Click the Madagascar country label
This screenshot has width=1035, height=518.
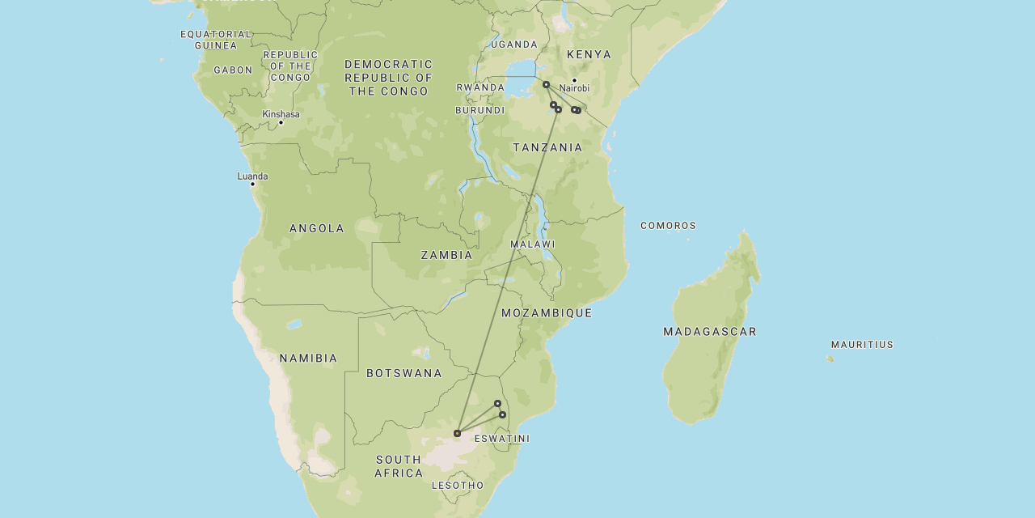[x=710, y=332]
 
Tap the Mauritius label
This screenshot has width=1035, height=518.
[x=862, y=345]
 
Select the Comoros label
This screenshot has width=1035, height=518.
[x=668, y=226]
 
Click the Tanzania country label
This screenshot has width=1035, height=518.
[x=547, y=147]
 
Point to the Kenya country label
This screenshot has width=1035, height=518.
[x=589, y=54]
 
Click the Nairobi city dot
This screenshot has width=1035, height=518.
[x=574, y=80]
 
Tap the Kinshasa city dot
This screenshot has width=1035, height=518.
[x=281, y=122]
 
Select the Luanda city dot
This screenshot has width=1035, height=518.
[x=252, y=184]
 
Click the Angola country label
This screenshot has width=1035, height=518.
[x=317, y=229]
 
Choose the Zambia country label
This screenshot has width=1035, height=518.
[x=446, y=255]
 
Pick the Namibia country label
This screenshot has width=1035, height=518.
[x=308, y=359]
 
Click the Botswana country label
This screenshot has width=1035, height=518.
[x=404, y=373]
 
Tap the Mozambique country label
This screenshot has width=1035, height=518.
[x=547, y=313]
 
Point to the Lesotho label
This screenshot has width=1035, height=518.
[x=458, y=486]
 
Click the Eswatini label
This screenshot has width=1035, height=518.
[x=502, y=439]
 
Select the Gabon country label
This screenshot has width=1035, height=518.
[x=233, y=70]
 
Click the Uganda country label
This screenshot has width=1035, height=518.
[x=513, y=45]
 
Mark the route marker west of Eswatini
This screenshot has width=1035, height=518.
[x=457, y=433]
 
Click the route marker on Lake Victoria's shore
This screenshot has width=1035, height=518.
[x=546, y=84]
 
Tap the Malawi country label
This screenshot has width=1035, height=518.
[x=532, y=244]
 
